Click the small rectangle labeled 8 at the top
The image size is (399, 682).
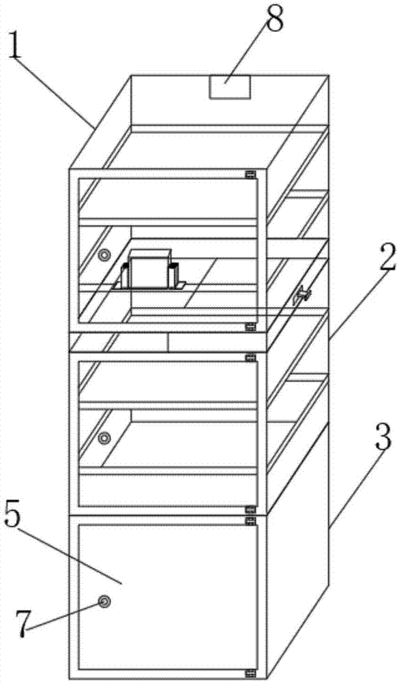click(231, 87)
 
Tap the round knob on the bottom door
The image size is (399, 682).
click(104, 602)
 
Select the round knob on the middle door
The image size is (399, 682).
click(104, 438)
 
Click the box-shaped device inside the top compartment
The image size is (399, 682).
click(150, 269)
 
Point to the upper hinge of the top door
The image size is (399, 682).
click(250, 175)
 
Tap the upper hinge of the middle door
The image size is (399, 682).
click(250, 359)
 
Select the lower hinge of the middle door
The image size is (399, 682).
click(250, 509)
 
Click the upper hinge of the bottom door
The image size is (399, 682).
click(250, 520)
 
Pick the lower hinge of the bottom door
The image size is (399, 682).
click(250, 672)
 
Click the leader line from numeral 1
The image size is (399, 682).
click(56, 93)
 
